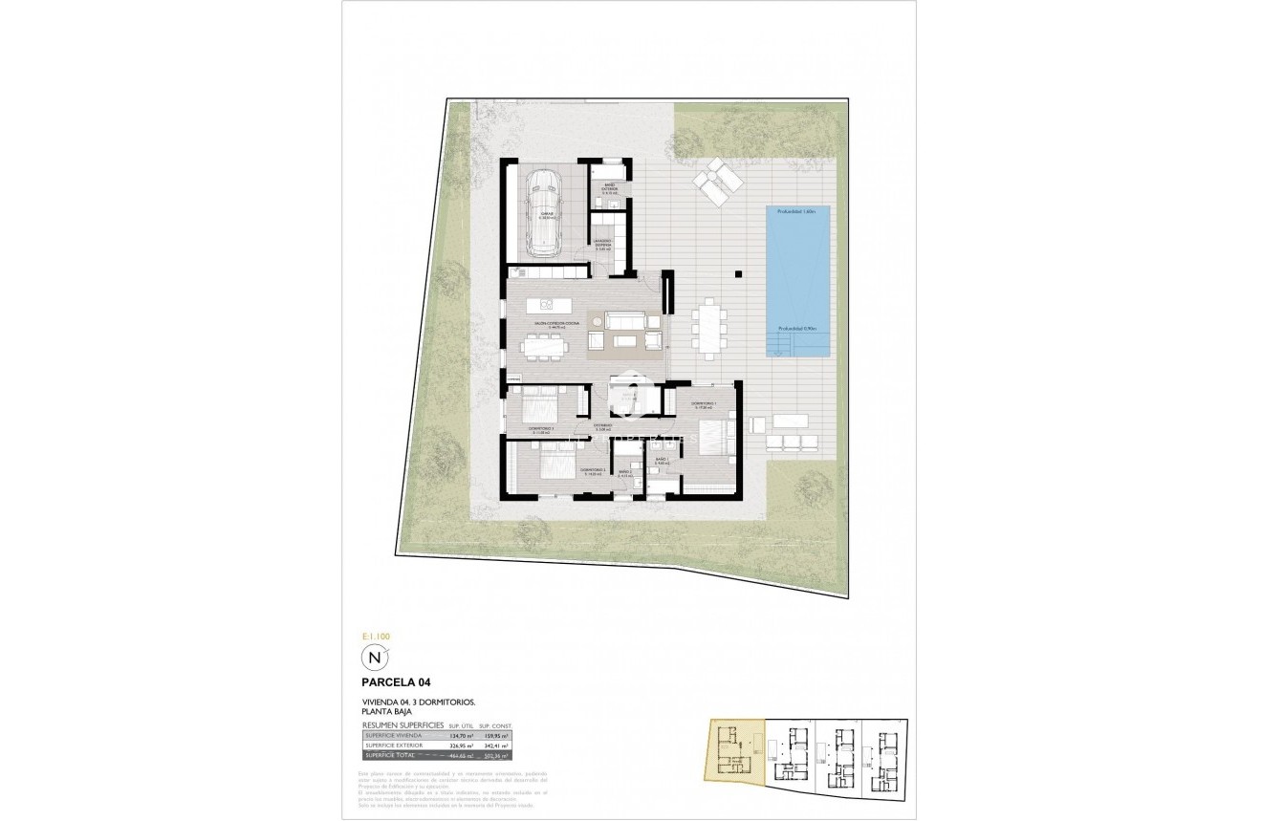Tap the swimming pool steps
(x=781, y=342)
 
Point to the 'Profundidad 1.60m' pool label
(x=797, y=211)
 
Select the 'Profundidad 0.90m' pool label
(x=797, y=329)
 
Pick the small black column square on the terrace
(x=738, y=274)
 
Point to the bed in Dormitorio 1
(x=714, y=437)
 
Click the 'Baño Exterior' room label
(x=609, y=188)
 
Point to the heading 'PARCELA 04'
(x=401, y=683)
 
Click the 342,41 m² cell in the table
(x=497, y=745)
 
